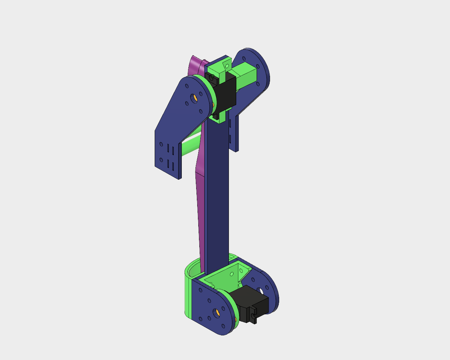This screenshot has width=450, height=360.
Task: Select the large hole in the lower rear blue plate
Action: click(261, 291)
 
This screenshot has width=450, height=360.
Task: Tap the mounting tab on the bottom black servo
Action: click(253, 318)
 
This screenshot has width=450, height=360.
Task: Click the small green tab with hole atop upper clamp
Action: click(226, 65)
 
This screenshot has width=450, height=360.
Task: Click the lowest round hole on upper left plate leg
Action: click(161, 160)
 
